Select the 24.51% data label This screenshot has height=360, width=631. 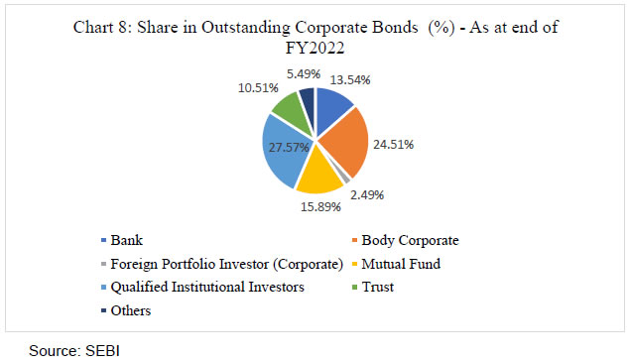click(x=393, y=145)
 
